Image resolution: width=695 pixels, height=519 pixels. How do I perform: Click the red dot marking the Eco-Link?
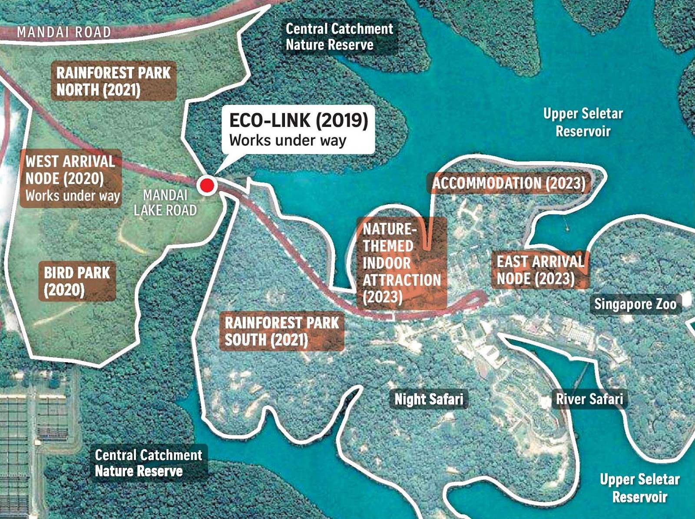pos(207,185)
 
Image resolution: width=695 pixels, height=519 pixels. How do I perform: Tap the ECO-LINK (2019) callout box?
pos(298,129)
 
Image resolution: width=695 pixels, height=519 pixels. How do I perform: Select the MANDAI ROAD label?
pos(64,32)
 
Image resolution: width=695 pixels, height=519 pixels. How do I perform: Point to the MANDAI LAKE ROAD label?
pos(165,203)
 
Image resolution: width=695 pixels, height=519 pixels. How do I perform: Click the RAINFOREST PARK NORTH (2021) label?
pos(113,81)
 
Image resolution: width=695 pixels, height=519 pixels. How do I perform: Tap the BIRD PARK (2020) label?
pos(77,281)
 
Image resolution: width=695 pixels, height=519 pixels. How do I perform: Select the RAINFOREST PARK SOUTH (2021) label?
pos(281,331)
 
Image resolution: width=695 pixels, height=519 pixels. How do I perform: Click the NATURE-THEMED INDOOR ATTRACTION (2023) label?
pos(401,263)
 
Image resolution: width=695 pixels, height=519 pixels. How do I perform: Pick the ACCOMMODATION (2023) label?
pos(509,183)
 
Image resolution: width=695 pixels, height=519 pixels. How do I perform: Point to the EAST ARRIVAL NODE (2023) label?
pos(540,270)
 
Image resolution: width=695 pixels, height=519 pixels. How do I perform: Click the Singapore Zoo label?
pos(635,304)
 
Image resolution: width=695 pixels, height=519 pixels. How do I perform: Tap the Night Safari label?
pos(429,399)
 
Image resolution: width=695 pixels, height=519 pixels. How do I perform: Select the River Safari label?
pos(589,399)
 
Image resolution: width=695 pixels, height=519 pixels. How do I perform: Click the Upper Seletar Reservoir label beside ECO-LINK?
pos(583,122)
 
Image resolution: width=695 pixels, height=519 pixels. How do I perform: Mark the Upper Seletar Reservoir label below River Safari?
pos(639,488)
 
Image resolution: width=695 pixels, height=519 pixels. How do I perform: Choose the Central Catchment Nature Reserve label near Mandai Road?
pos(339,37)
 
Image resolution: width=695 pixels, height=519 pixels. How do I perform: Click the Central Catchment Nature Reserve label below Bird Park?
pos(149,463)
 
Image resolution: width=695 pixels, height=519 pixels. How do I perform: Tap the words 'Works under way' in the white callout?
pos(288,140)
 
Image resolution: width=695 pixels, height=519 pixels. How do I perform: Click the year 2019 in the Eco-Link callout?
pos(342,120)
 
